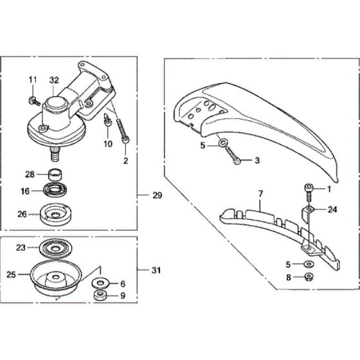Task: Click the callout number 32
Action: tap(53, 80)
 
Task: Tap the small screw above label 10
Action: tap(108, 118)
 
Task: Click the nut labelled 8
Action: tap(307, 278)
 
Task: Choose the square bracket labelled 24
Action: tap(309, 210)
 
